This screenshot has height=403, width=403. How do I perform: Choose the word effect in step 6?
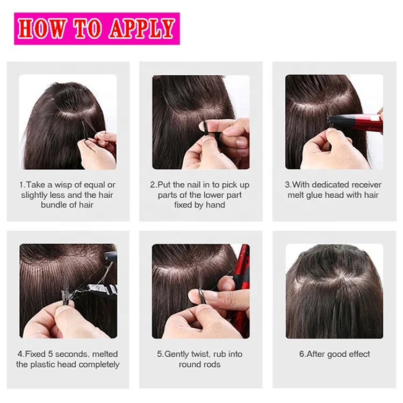tap(355, 354)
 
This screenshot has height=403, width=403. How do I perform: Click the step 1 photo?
tap(68, 122)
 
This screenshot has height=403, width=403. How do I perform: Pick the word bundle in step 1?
tap(55, 205)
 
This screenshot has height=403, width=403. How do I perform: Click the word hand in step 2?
tap(215, 205)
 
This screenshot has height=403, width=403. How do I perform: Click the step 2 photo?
tap(200, 122)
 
